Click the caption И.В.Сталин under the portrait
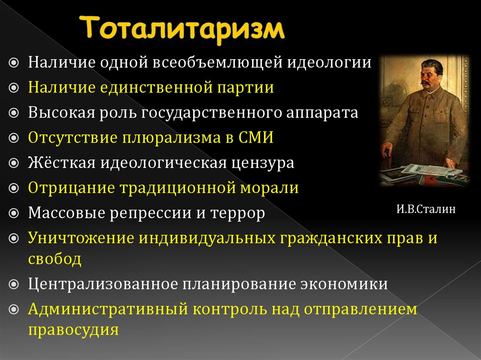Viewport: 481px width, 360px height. pos(426,209)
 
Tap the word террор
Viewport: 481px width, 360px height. pos(238,213)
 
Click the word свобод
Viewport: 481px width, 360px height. pos(54,259)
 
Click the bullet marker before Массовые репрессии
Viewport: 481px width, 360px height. pos(14,214)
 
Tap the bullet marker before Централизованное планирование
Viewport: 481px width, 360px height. pos(14,284)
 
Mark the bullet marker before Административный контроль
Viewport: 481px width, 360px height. pos(14,310)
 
